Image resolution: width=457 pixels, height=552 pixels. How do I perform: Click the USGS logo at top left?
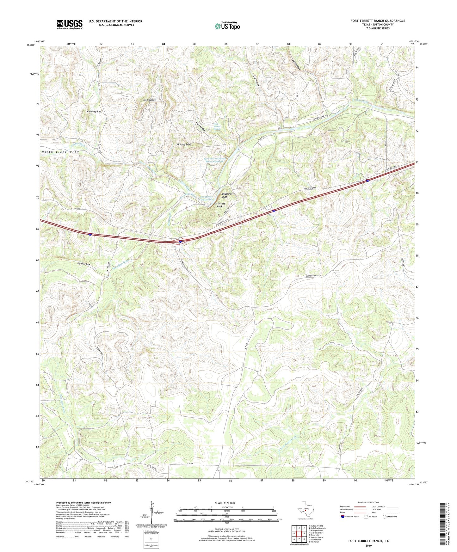click(70, 24)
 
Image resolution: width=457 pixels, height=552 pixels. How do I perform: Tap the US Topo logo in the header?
click(227, 26)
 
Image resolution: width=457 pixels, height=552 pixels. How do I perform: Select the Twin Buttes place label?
click(149, 100)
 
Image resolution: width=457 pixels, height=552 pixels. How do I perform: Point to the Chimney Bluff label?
click(95, 112)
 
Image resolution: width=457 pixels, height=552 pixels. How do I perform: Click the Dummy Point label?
click(184, 144)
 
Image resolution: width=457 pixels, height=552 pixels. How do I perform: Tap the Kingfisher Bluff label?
click(227, 195)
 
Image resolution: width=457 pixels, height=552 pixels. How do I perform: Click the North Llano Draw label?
click(60, 152)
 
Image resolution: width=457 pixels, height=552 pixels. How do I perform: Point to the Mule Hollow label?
click(201, 127)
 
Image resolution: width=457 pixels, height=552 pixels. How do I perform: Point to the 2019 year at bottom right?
click(368, 546)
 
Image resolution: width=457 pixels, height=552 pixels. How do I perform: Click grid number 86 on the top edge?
click(226, 44)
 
